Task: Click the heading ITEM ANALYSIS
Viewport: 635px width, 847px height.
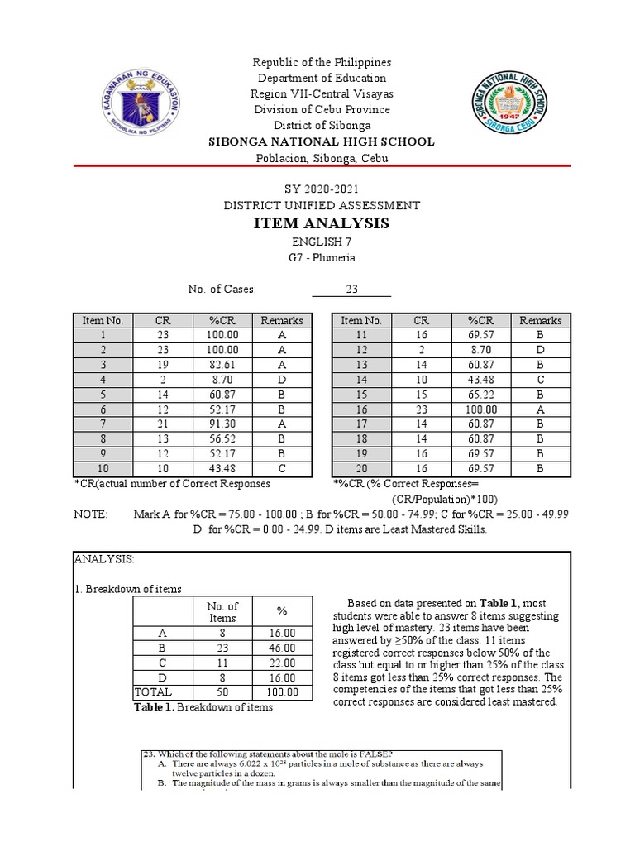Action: coord(321,223)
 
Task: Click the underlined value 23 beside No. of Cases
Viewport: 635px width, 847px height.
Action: coord(351,290)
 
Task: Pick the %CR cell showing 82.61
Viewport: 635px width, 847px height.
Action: coord(222,364)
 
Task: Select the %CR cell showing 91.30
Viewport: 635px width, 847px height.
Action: coord(222,423)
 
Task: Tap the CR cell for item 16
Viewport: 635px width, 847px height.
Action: coord(422,409)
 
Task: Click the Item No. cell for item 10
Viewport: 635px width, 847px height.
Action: coord(103,469)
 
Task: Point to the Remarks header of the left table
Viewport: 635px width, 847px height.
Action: coord(282,320)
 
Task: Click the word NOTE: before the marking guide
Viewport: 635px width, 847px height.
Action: coord(90,514)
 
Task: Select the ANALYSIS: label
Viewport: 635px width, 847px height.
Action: coord(104,560)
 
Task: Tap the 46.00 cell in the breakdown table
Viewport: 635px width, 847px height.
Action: coord(282,648)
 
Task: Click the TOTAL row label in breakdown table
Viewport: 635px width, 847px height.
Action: coord(152,692)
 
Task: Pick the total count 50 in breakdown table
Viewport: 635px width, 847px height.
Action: coord(222,692)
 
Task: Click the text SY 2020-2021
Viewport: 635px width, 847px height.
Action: coord(321,189)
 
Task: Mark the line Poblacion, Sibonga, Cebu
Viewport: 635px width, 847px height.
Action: coord(321,158)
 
